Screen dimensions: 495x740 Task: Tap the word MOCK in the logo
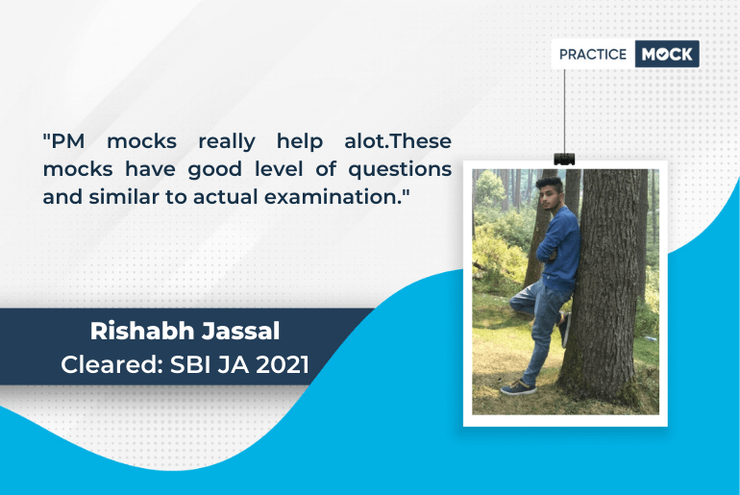(666, 54)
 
